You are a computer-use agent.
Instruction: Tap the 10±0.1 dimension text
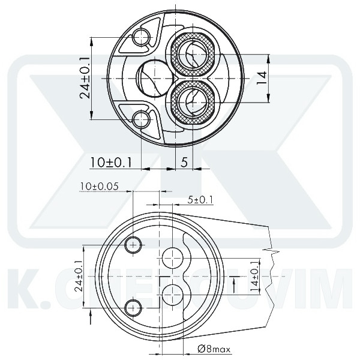pyautogui.click(x=111, y=161)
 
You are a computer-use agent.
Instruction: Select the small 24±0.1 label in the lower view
pyautogui.click(x=79, y=277)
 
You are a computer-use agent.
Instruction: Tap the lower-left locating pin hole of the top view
pyautogui.click(x=142, y=118)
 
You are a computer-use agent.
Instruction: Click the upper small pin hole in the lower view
pyautogui.click(x=133, y=244)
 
